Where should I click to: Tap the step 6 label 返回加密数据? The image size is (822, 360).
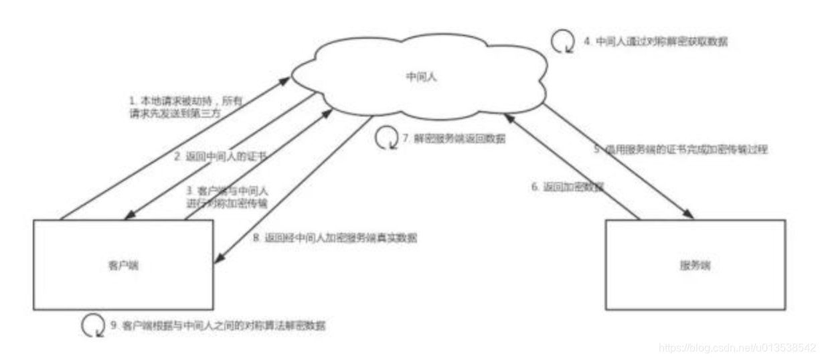pyautogui.click(x=568, y=187)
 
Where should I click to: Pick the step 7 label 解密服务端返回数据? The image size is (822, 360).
pyautogui.click(x=454, y=139)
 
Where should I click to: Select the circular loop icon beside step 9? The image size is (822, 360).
pyautogui.click(x=92, y=326)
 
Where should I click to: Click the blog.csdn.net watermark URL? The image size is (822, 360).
pyautogui.click(x=737, y=348)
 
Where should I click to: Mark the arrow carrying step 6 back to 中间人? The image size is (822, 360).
pyautogui.click(x=569, y=164)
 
